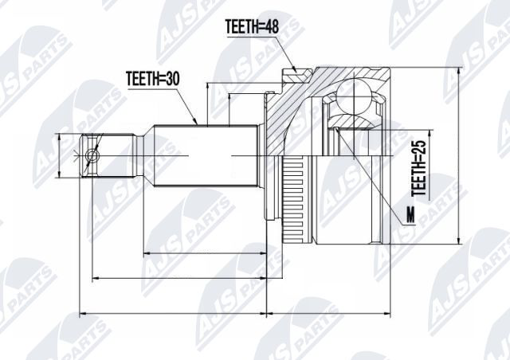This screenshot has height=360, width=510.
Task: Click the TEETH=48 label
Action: [252, 26]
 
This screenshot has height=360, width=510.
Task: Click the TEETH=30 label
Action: [152, 78]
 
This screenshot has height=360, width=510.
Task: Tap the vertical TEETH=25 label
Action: [419, 168]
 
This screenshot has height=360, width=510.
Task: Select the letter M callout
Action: [411, 215]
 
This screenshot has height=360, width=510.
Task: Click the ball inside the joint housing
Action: [353, 97]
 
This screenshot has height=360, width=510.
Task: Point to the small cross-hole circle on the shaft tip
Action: [92, 156]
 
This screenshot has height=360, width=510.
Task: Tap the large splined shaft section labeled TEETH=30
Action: [206, 156]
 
